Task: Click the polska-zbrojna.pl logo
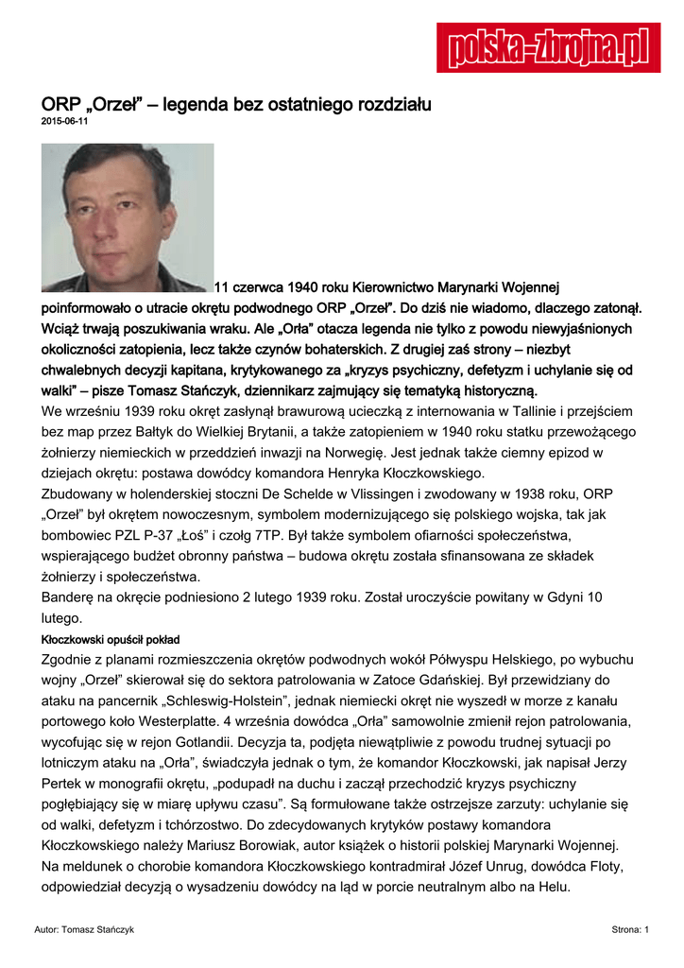pyautogui.click(x=548, y=47)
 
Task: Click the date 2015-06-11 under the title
pyautogui.click(x=64, y=122)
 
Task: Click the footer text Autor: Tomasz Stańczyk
pyautogui.click(x=84, y=930)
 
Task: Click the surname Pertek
pyautogui.click(x=62, y=784)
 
